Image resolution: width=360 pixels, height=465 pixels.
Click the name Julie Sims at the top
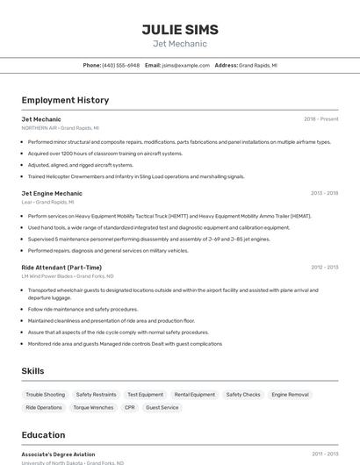point(180,29)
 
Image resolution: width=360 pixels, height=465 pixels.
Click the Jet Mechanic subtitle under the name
point(180,44)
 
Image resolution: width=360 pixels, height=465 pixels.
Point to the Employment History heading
point(65,100)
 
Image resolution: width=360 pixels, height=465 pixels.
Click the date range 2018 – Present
point(320,118)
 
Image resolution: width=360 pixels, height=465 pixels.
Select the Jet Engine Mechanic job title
point(52,193)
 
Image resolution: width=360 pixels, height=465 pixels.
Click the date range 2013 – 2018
point(324,193)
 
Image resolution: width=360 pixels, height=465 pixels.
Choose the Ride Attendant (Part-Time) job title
point(61,267)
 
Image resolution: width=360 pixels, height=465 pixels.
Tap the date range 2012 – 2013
point(324,267)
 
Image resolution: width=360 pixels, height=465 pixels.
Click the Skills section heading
point(32,371)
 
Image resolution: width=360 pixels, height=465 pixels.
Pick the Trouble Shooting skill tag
point(46,395)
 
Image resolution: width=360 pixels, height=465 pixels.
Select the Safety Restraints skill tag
point(96,395)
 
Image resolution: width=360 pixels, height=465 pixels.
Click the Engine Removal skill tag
point(290,395)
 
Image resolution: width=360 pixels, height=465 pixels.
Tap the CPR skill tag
point(130,407)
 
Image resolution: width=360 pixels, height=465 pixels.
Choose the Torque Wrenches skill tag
point(93,407)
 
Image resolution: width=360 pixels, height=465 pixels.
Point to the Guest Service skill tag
point(162,407)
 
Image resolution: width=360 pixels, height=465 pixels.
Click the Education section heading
point(43,435)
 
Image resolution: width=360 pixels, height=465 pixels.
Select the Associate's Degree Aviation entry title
point(59,454)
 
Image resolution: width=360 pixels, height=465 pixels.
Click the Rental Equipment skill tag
point(194,395)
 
